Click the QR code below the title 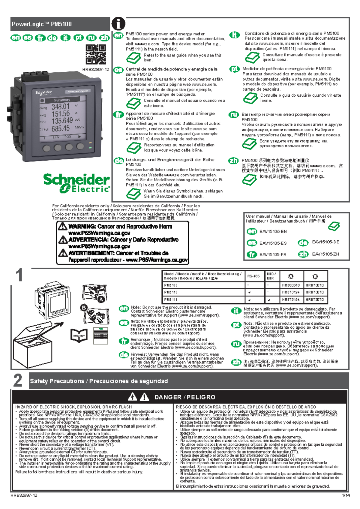point(96,54)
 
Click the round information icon point(118,23)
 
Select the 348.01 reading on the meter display point(60,107)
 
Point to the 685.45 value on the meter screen point(60,128)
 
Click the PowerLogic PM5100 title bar point(60,24)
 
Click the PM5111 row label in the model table point(171,300)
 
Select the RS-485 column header point(253,276)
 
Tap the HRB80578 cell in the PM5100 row point(291,285)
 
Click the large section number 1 point(19,275)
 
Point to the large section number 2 point(18,380)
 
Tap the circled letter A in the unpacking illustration point(101,299)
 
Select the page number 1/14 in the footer point(346,495)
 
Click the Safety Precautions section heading point(99,381)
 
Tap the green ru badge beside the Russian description point(234,115)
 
